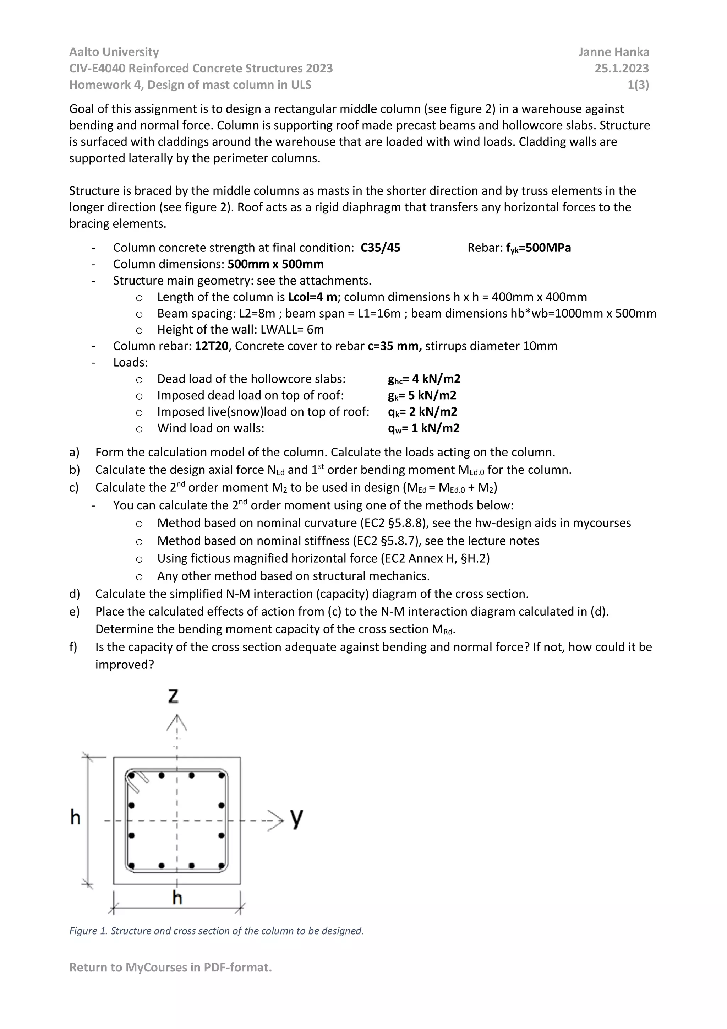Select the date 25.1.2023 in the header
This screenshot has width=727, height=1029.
(x=621, y=69)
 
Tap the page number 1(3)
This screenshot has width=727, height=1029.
(x=638, y=85)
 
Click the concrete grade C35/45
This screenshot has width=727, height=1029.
(x=380, y=248)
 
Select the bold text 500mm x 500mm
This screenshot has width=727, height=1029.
(x=275, y=264)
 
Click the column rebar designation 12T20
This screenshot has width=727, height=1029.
(x=212, y=346)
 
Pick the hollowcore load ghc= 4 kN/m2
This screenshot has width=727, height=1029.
(x=424, y=379)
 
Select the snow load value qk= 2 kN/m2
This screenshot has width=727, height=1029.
(x=422, y=412)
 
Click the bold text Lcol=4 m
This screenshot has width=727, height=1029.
(x=312, y=297)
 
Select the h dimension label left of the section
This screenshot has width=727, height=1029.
(x=75, y=817)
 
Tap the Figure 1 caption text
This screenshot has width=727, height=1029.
(x=216, y=931)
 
